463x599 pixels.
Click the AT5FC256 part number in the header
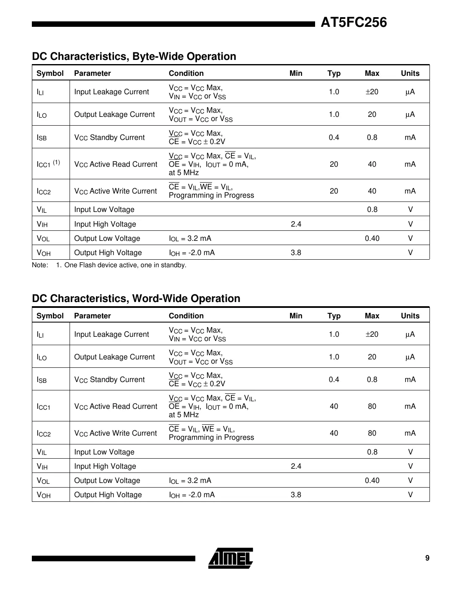(354, 23)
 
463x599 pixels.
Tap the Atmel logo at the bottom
(230, 558)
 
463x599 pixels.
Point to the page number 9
(427, 558)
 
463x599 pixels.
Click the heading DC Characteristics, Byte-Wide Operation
(134, 57)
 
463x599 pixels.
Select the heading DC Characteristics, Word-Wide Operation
(136, 299)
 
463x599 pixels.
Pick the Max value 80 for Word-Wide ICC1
(372, 406)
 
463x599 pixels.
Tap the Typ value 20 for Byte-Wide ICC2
(334, 191)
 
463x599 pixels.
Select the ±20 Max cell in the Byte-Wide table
(372, 92)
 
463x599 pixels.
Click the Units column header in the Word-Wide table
(410, 316)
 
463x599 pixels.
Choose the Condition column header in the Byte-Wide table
(186, 73)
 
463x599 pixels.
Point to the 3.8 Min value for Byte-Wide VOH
(296, 253)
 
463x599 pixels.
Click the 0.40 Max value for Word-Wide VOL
(372, 480)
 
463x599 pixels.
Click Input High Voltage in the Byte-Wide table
(105, 224)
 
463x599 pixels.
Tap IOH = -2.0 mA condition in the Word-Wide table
(192, 495)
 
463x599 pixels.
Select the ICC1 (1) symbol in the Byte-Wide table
(48, 164)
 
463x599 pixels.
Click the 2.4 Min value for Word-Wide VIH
(296, 466)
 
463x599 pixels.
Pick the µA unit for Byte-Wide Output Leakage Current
(410, 114)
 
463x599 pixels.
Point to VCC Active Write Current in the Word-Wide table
(115, 433)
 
